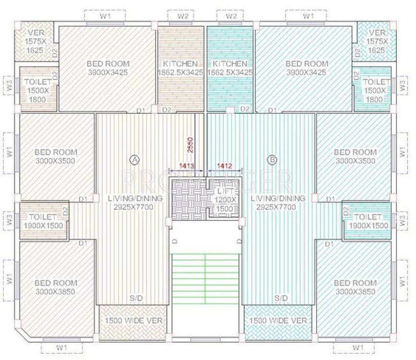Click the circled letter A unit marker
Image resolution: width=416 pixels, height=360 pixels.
135,158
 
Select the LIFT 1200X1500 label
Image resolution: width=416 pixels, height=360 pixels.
226,199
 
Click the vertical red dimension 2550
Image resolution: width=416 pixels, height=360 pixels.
191,144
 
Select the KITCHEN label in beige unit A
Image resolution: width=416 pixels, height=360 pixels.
180,68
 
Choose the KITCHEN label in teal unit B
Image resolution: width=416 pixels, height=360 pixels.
230,68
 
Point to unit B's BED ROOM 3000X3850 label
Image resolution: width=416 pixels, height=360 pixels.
355,287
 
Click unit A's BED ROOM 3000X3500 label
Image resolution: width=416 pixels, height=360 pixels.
55,156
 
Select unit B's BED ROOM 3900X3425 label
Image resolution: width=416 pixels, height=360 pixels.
306,68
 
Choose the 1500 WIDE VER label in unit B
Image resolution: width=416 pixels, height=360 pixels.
278,320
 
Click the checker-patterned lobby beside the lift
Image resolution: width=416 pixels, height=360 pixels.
189,199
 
